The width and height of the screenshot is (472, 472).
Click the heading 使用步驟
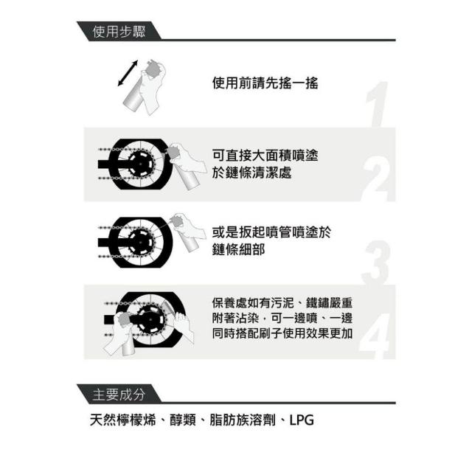pyautogui.click(x=119, y=32)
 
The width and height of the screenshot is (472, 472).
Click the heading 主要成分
pyautogui.click(x=119, y=395)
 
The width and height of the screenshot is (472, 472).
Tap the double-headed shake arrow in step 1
pyautogui.click(x=128, y=73)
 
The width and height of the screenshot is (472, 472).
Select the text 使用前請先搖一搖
pyautogui.click(x=265, y=83)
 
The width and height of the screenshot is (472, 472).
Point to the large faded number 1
pyautogui.click(x=377, y=104)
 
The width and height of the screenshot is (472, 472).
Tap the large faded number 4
pyautogui.click(x=375, y=336)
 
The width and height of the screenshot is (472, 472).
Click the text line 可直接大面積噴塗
pyautogui.click(x=265, y=156)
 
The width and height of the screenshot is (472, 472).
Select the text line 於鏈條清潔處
pyautogui.click(x=252, y=173)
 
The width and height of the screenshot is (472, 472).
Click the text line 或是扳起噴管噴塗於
pyautogui.click(x=271, y=232)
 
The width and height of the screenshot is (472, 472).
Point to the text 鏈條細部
pyautogui.click(x=239, y=249)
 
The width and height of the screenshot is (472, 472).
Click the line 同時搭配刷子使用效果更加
pyautogui.click(x=282, y=333)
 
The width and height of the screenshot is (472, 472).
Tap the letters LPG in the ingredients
pyautogui.click(x=302, y=420)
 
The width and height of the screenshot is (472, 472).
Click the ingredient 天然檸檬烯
pyautogui.click(x=123, y=420)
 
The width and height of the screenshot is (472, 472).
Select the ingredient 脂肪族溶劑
pyautogui.click(x=243, y=420)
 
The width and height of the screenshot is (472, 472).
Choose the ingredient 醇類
pyautogui.click(x=183, y=420)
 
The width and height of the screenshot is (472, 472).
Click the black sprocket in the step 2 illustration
pyautogui.click(x=140, y=164)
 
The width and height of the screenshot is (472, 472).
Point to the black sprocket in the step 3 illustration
pyautogui.click(x=140, y=242)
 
